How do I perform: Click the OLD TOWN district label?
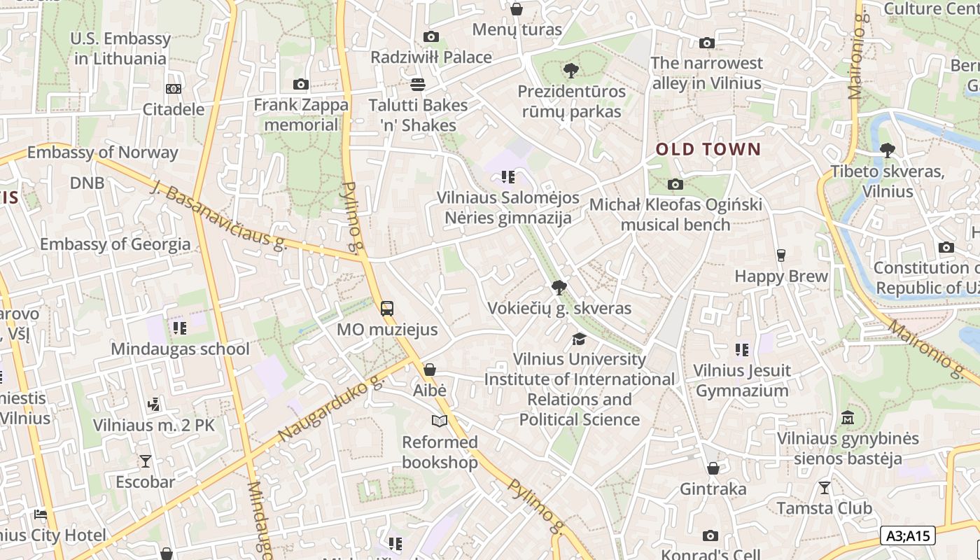pos(708,149)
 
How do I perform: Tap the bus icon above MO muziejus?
pos(386,308)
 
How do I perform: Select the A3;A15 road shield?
pos(908,535)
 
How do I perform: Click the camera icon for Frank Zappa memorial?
pos(301,85)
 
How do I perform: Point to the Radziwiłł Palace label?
pos(431,57)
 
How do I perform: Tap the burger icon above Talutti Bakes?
pos(418,85)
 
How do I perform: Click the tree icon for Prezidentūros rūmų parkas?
pos(571,70)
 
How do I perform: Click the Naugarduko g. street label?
pos(331,408)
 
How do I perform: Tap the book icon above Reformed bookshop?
pos(439,421)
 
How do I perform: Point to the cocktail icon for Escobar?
pos(145,461)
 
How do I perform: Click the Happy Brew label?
pos(781,276)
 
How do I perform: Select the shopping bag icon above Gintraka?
pos(713,468)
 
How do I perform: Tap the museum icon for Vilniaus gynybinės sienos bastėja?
pos(848,417)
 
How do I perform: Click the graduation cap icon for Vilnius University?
pos(579,339)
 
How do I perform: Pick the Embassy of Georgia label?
pos(115,244)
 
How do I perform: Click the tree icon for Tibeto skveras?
pos(887,150)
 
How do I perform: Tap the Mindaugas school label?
pos(180,349)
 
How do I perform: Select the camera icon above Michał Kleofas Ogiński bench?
pos(675,184)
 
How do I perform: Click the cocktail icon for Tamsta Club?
pos(825,487)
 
